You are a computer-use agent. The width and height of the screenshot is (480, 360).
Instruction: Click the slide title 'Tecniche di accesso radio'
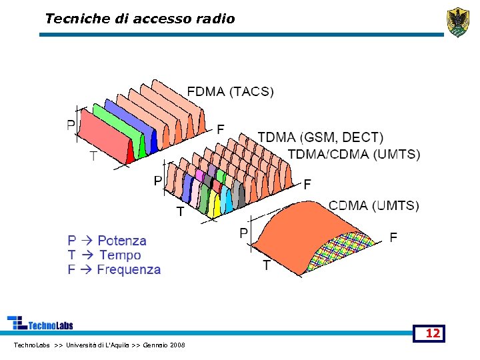click(x=140, y=19)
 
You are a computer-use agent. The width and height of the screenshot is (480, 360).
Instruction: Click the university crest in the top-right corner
click(x=457, y=22)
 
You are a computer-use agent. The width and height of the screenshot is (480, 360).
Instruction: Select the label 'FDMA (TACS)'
click(x=230, y=91)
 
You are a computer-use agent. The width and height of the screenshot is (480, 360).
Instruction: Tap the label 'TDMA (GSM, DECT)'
click(x=320, y=137)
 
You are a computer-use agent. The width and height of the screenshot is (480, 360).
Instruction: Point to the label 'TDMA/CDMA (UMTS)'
click(x=354, y=154)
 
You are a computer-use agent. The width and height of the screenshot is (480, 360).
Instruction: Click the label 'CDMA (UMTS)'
click(x=373, y=205)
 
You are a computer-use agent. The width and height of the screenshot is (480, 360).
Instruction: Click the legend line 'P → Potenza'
click(x=107, y=240)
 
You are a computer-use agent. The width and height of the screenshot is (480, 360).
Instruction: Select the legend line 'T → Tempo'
click(x=104, y=255)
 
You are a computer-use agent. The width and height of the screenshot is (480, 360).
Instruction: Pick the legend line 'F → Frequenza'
click(x=114, y=269)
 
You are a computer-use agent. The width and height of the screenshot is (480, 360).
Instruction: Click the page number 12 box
click(x=433, y=333)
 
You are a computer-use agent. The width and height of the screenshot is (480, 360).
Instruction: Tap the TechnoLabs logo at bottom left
click(x=40, y=323)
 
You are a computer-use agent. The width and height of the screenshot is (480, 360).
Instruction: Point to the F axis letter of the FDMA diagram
click(x=221, y=129)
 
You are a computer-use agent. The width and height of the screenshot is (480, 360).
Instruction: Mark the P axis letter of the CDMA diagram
click(x=244, y=233)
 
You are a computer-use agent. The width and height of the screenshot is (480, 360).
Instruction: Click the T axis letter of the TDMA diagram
click(x=179, y=212)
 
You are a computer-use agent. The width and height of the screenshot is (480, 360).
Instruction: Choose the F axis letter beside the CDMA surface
click(x=393, y=237)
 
